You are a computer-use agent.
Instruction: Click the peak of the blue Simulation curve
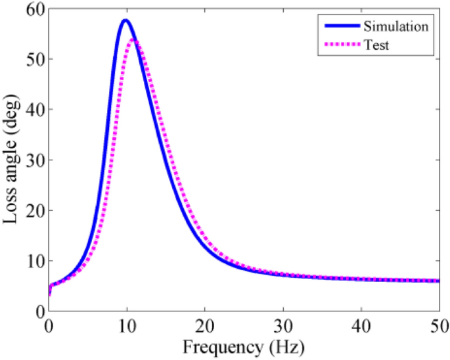click(x=125, y=20)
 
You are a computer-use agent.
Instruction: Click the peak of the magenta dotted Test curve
click(x=133, y=39)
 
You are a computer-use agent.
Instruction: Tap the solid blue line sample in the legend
click(x=341, y=26)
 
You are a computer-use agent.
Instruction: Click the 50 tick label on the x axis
click(x=438, y=325)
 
